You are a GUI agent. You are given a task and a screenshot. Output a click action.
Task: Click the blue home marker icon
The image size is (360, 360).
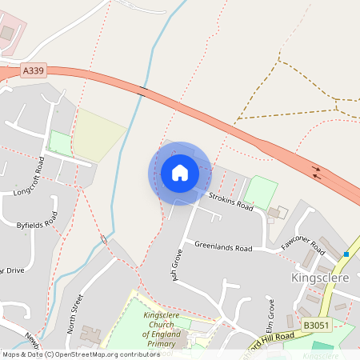click(x=179, y=173)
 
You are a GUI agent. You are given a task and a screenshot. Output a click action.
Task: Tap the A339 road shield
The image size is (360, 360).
click(x=34, y=71)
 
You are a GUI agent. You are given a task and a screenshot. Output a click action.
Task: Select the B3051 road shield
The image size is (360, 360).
click(x=316, y=326)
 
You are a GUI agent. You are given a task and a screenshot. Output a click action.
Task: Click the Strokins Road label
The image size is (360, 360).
click(x=230, y=201)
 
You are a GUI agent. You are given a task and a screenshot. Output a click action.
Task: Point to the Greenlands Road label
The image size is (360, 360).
click(x=223, y=248)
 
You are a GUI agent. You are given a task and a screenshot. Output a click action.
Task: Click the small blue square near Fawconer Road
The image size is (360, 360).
click(x=346, y=254)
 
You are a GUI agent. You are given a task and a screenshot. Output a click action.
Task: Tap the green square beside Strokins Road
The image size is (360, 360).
click(x=260, y=192)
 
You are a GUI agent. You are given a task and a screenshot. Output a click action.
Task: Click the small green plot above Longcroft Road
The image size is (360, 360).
click(x=59, y=143)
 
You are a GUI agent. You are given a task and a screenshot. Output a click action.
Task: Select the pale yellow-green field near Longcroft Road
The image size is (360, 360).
click(x=98, y=134)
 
